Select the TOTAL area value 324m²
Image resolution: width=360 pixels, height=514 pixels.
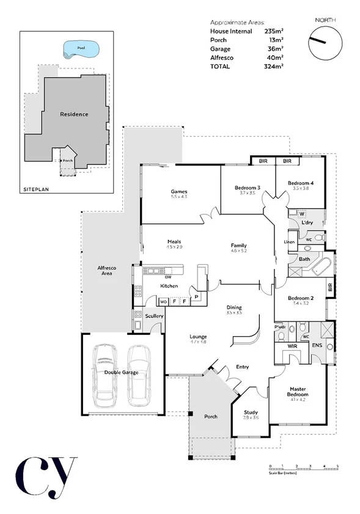274,66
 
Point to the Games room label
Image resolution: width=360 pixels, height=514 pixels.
178,192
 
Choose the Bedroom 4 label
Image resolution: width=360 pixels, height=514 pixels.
301,183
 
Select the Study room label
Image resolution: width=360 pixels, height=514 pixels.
251,413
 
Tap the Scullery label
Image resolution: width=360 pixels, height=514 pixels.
153,316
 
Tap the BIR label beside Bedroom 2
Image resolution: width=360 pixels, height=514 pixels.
330,286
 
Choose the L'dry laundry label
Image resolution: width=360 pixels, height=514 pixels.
307,223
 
